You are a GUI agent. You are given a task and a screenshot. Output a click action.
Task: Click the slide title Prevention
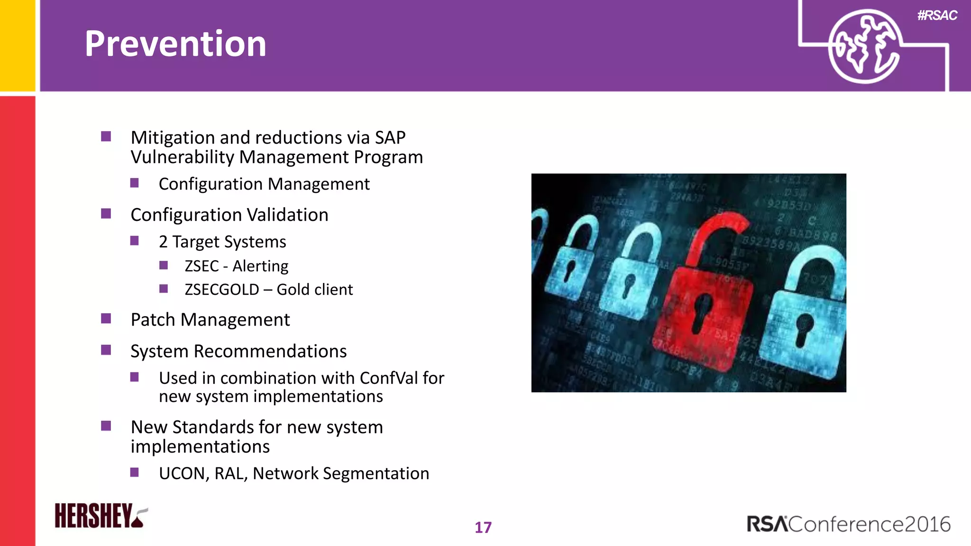click(x=175, y=44)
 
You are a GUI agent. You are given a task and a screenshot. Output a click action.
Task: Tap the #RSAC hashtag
click(x=937, y=16)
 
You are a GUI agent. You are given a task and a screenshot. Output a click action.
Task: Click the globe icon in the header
click(x=864, y=46)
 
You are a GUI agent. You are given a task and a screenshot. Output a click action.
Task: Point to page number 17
click(x=483, y=528)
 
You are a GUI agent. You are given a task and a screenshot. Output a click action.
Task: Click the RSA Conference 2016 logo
click(x=848, y=524)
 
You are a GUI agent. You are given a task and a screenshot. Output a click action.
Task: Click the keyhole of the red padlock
click(x=702, y=313)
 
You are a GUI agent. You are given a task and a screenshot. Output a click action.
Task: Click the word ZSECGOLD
click(x=221, y=290)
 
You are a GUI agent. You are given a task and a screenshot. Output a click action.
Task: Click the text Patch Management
click(x=210, y=320)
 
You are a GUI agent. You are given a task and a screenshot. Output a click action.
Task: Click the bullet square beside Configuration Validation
click(x=106, y=214)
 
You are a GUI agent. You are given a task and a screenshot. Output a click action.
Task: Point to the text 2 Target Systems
click(x=222, y=242)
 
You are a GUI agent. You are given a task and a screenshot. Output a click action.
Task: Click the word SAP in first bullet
click(x=390, y=137)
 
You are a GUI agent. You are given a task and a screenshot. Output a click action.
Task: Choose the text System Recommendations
click(x=238, y=351)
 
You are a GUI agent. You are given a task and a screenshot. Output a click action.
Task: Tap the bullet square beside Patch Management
click(x=106, y=318)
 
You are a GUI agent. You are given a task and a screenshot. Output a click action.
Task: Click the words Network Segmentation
click(x=341, y=473)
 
